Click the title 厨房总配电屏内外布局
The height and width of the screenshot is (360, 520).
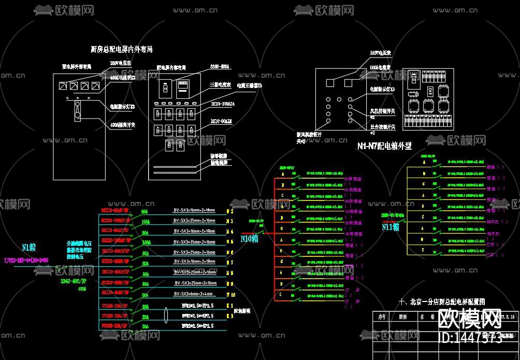point(121,50)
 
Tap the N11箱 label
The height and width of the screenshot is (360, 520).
point(391,226)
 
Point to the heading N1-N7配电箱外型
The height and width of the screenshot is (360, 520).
point(384,146)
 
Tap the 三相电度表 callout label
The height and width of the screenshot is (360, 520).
point(220,84)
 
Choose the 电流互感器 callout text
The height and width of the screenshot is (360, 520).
point(249,85)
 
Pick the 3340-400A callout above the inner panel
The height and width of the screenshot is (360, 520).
point(220,67)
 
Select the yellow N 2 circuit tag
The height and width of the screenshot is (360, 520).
point(230,211)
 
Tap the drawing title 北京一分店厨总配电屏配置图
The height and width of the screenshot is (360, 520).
point(441,302)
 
